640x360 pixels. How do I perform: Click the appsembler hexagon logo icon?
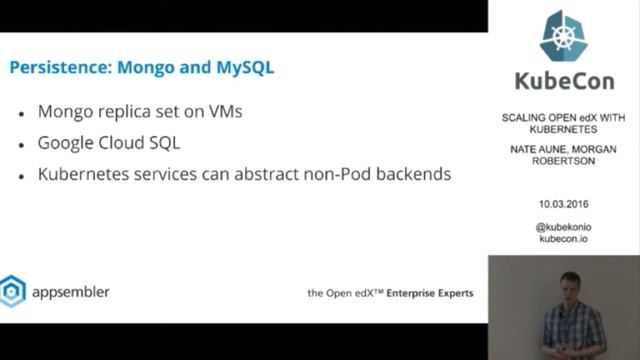pyautogui.click(x=13, y=291)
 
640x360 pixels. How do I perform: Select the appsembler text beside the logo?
pyautogui.click(x=70, y=292)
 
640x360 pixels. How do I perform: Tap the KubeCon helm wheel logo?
pyautogui.click(x=563, y=37)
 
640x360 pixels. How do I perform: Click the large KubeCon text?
pyautogui.click(x=563, y=82)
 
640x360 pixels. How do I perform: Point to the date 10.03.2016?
pyautogui.click(x=563, y=204)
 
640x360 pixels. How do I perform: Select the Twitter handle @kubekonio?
pyautogui.click(x=563, y=227)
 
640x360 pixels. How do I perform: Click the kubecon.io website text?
pyautogui.click(x=563, y=239)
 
